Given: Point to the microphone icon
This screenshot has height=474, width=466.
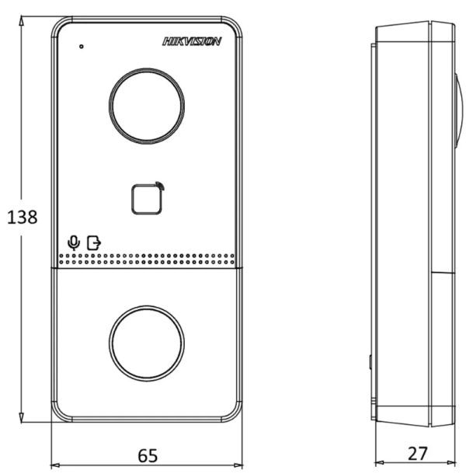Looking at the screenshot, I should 74,242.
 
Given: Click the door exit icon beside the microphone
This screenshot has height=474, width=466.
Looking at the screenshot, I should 93,242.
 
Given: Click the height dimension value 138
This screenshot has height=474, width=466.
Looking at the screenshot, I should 22,218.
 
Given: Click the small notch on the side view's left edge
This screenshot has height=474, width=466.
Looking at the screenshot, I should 370,362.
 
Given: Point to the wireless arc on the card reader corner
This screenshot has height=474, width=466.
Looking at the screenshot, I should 160,186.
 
